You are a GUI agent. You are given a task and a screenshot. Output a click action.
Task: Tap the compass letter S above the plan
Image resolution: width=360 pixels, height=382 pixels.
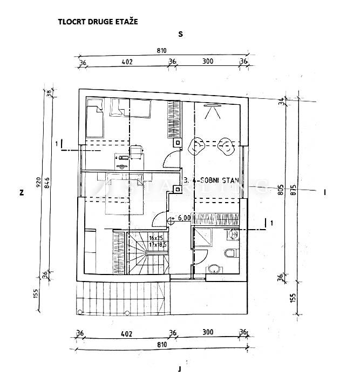[181, 34]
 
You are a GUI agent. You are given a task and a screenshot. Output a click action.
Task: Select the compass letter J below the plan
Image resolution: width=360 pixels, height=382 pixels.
[179, 370]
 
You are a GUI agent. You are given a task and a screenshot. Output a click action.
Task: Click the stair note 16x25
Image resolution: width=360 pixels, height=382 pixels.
[157, 238]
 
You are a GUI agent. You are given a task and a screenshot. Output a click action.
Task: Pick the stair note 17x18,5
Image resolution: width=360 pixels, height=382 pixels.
[158, 245]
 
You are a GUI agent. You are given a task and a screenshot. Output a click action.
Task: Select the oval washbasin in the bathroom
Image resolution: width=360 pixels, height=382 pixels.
[214, 267]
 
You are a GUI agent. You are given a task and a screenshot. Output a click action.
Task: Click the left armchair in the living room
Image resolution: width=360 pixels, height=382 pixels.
[197, 145]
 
